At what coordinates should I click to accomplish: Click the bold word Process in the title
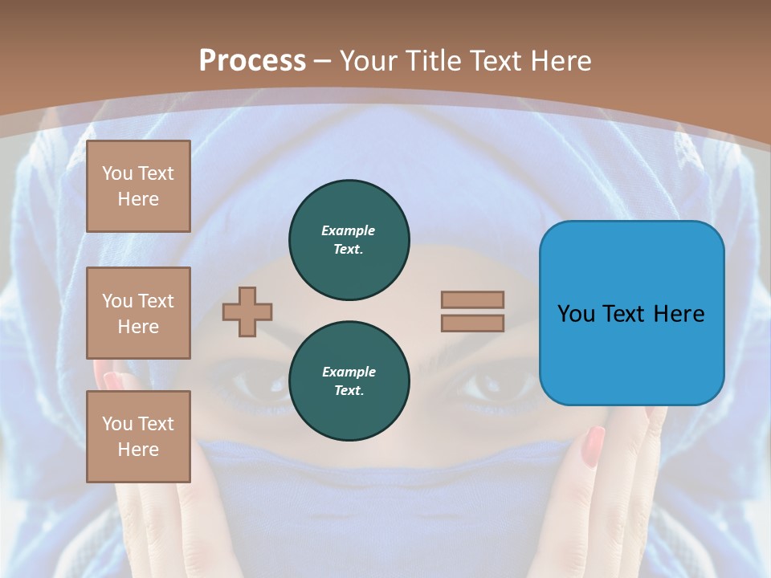pyautogui.click(x=252, y=61)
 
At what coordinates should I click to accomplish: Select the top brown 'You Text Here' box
pyautogui.click(x=138, y=186)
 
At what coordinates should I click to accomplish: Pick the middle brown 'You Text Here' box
pyautogui.click(x=138, y=313)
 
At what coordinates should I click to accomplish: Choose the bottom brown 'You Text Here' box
pyautogui.click(x=138, y=436)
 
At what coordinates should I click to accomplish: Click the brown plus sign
pyautogui.click(x=247, y=311)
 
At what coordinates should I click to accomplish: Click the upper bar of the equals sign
pyautogui.click(x=472, y=299)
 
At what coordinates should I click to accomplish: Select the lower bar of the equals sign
pyautogui.click(x=472, y=323)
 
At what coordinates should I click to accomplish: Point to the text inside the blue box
pyautogui.click(x=631, y=313)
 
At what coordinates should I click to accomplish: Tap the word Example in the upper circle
pyautogui.click(x=348, y=230)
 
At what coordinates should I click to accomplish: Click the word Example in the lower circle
pyautogui.click(x=349, y=372)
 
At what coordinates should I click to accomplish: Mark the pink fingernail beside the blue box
pyautogui.click(x=594, y=446)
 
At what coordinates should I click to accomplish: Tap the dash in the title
pyautogui.click(x=323, y=61)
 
